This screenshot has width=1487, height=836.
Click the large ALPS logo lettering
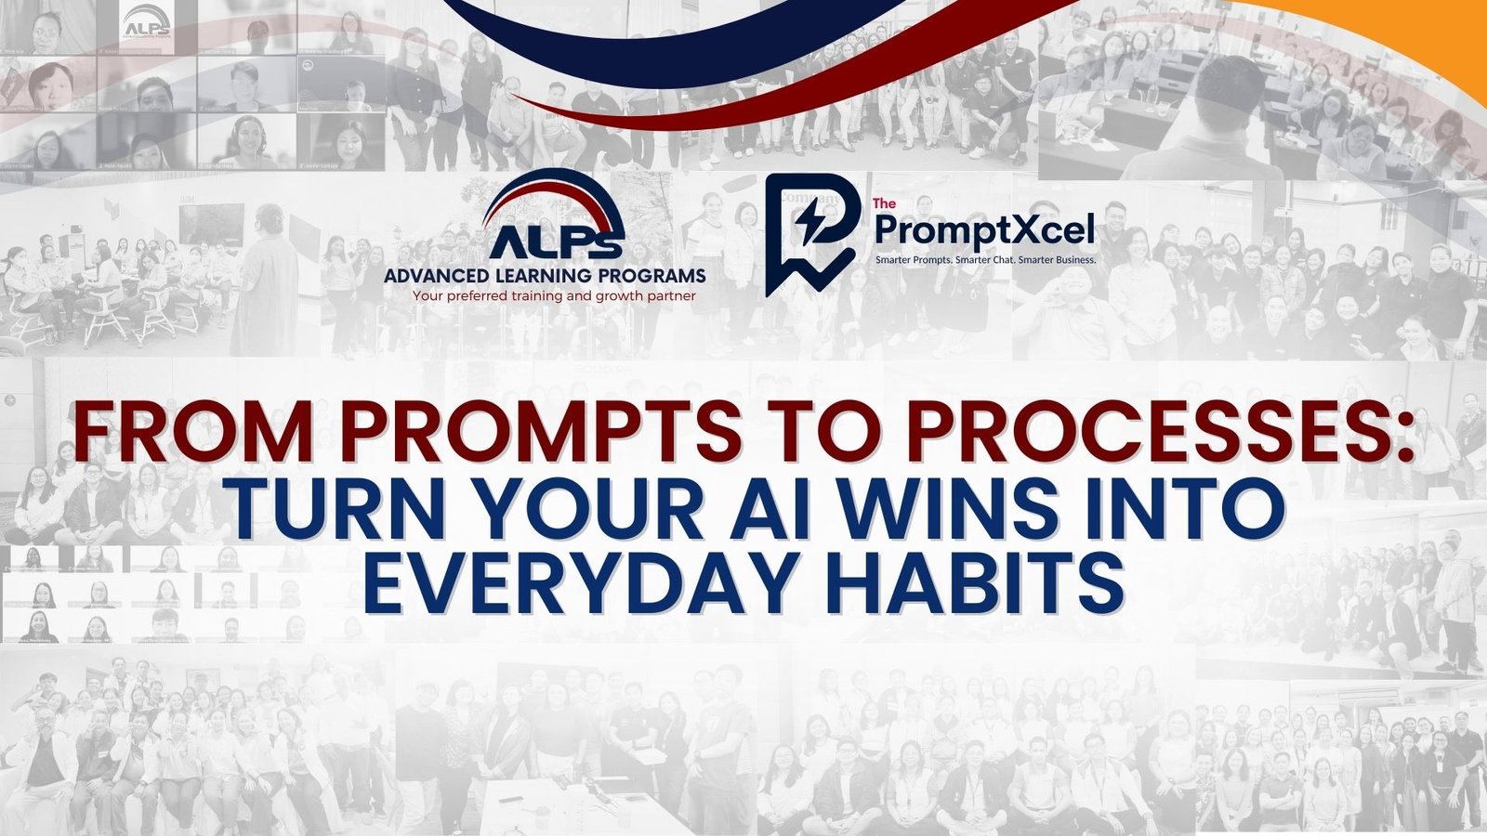545,246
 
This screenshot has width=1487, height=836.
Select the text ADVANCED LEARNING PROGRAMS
545,276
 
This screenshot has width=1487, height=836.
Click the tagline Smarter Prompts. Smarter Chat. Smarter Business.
986,260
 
